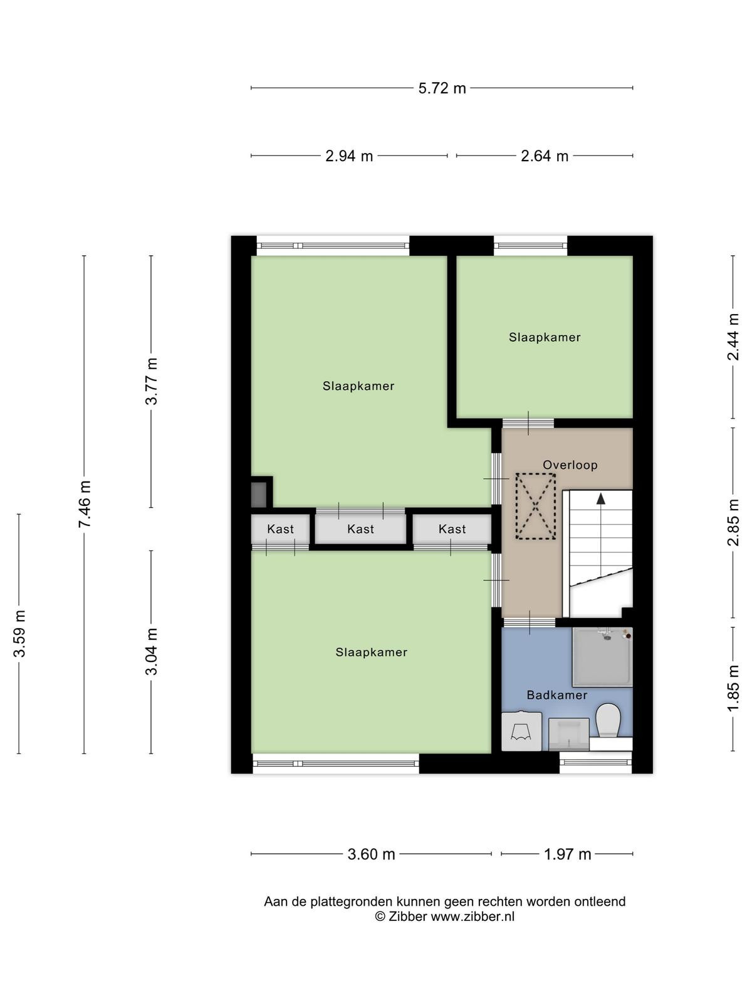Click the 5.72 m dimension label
tap(442, 88)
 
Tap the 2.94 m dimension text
tap(349, 156)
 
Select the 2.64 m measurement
tap(544, 156)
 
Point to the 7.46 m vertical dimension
tap(85, 503)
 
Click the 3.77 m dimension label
tap(151, 381)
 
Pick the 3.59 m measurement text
tap(19, 633)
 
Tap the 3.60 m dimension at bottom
tap(371, 854)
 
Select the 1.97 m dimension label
tap(568, 854)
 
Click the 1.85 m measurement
tap(733, 688)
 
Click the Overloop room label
tap(570, 465)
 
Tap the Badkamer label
tap(556, 695)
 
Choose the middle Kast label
tap(360, 529)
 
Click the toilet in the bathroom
tap(608, 721)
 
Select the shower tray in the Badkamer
tap(602, 656)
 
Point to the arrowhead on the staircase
tap(601, 499)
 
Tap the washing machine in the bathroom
tap(521, 731)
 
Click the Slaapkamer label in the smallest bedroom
tap(544, 337)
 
